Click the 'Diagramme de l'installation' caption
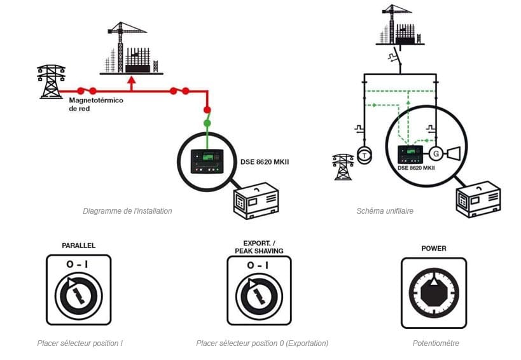[127, 211]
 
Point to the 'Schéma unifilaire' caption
[385, 211]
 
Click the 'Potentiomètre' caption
[436, 343]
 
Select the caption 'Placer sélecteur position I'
[80, 343]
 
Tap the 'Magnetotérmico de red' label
[95, 105]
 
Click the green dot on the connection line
[207, 122]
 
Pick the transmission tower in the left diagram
[51, 81]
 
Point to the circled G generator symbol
[436, 153]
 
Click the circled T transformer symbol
[364, 155]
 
